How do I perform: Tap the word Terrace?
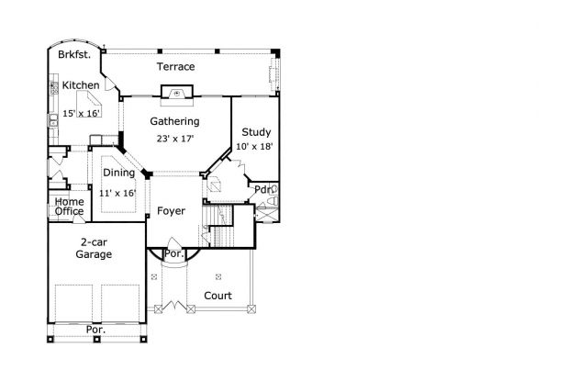pos(175,67)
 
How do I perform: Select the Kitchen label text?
pos(81,85)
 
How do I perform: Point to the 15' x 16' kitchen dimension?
pos(81,114)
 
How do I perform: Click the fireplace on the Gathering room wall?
pos(175,93)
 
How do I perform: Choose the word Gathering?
pos(175,121)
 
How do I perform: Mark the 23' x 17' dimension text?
pos(175,139)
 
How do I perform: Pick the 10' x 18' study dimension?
pos(254,147)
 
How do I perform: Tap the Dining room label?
pos(118,173)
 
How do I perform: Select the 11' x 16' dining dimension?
pos(117,194)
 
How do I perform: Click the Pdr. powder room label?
pos(263,190)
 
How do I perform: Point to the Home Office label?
pos(69,207)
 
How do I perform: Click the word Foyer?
pos(170,211)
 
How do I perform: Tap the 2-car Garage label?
pos(95,248)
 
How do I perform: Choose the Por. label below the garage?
pos(95,329)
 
